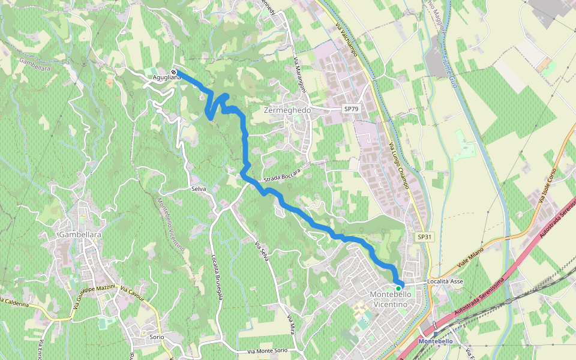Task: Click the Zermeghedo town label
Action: tap(287, 110)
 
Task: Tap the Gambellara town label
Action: tap(79, 234)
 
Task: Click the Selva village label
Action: tap(199, 188)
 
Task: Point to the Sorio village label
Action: tap(157, 337)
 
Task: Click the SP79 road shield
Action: tap(351, 109)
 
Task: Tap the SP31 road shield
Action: tap(424, 237)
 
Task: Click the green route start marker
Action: tap(398, 288)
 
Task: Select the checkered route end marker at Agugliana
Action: tap(173, 72)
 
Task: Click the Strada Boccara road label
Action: tap(281, 175)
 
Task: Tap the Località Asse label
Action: tap(445, 281)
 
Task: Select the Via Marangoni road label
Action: tap(300, 76)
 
